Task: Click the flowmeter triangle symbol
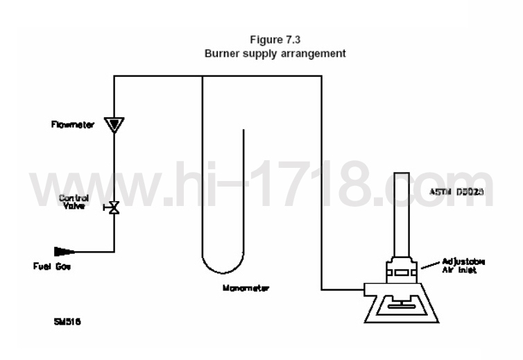113,124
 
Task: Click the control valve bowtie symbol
113,207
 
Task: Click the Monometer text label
246,286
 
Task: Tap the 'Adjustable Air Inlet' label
464,266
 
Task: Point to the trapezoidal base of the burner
400,306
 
